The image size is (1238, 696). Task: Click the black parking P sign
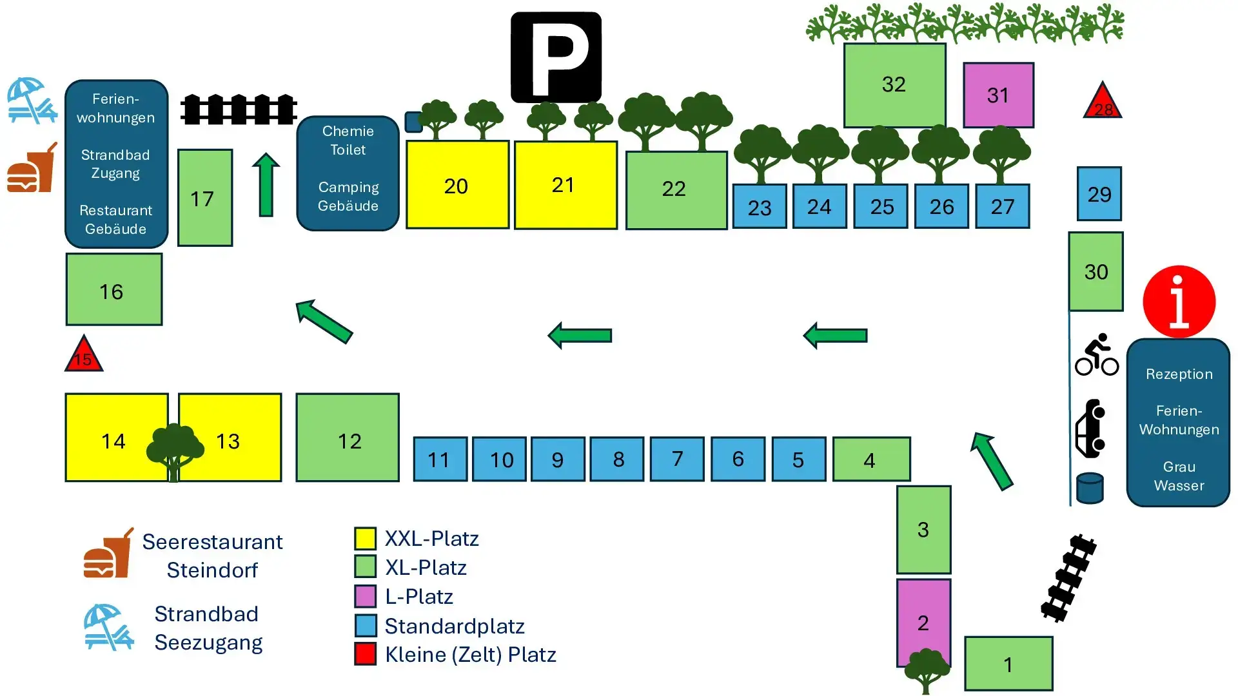click(x=556, y=57)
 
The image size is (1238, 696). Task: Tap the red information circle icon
click(x=1179, y=301)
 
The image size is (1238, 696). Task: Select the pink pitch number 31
click(x=998, y=95)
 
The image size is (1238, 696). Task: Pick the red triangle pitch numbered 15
click(x=84, y=356)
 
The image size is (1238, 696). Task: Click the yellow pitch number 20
click(x=457, y=185)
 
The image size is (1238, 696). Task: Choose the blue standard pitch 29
click(x=1099, y=194)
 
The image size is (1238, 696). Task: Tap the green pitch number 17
click(x=204, y=198)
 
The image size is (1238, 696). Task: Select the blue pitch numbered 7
click(x=676, y=459)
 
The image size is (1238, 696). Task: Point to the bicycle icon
click(x=1096, y=355)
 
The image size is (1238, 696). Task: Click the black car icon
click(x=1090, y=429)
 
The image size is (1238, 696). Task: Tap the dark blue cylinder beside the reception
click(x=1090, y=488)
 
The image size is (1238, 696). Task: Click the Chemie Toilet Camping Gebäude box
click(x=348, y=173)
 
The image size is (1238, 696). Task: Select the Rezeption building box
click(x=1178, y=423)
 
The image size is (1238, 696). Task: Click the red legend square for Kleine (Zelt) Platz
click(x=366, y=653)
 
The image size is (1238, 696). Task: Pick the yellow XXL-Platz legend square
click(x=366, y=538)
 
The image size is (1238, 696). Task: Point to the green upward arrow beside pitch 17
click(x=266, y=184)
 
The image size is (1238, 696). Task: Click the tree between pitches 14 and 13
click(x=174, y=450)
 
